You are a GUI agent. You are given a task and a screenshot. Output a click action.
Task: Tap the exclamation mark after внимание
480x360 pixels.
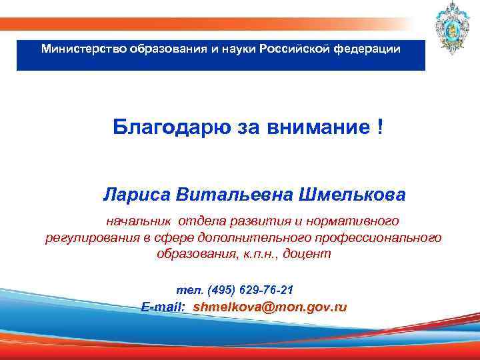point(379,127)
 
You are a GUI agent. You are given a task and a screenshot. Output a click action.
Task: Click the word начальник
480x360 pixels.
point(139,220)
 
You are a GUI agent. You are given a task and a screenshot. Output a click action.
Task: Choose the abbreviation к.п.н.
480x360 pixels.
point(261,254)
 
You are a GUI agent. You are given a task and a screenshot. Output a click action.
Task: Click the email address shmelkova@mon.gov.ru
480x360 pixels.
point(269,307)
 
